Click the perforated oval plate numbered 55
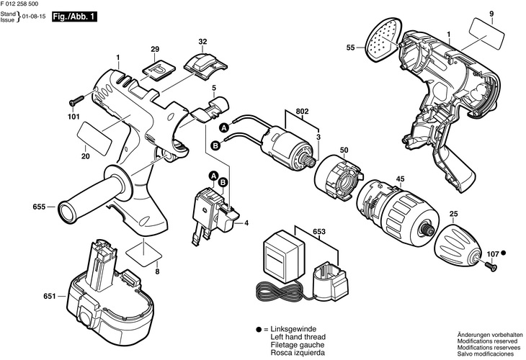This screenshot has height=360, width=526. point(380,39)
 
